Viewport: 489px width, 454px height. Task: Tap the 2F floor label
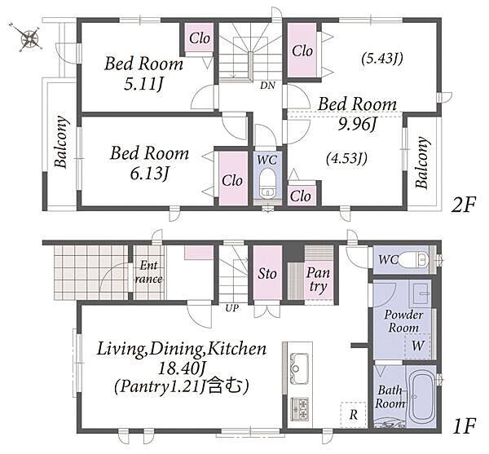click(463, 205)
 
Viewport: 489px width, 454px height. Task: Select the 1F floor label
click(464, 426)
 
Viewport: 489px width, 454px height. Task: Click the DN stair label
click(267, 86)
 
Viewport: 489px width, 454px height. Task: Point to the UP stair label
click(232, 308)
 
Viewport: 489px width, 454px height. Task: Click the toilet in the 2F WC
click(267, 183)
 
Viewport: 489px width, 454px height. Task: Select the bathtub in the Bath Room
click(421, 396)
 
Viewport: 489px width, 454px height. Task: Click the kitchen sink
click(299, 366)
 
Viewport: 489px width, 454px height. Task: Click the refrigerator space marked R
click(354, 415)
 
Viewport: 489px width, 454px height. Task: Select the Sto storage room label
click(267, 274)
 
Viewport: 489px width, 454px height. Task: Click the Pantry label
click(318, 280)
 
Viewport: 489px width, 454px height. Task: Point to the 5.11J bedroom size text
click(143, 84)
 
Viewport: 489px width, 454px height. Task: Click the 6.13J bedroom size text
click(149, 174)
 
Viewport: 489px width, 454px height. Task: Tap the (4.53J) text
click(346, 158)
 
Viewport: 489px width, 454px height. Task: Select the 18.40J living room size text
click(181, 369)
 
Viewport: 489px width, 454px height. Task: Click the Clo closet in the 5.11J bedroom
click(200, 38)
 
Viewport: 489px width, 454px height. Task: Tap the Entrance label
click(148, 272)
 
